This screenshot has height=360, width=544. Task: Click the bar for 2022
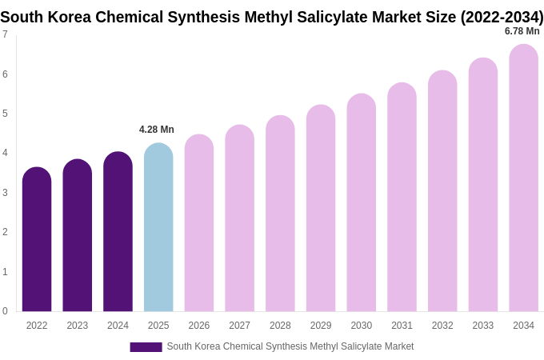click(x=37, y=240)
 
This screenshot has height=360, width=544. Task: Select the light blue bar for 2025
click(x=158, y=228)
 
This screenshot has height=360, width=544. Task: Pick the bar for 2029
click(x=321, y=209)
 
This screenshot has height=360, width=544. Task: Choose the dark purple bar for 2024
click(x=118, y=232)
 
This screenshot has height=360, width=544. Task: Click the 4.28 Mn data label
click(x=157, y=130)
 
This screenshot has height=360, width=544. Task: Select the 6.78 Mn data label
click(x=522, y=31)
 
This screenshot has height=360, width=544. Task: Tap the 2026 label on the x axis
click(x=199, y=326)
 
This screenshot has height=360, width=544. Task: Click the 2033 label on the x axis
click(x=483, y=326)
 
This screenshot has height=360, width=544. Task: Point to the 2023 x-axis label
click(x=78, y=326)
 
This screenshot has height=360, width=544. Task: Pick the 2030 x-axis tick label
click(x=361, y=326)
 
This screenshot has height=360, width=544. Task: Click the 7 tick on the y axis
click(x=5, y=34)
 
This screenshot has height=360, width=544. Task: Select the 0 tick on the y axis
click(x=5, y=311)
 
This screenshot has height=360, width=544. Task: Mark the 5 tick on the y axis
click(x=5, y=114)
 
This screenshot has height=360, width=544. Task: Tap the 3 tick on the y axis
click(x=5, y=193)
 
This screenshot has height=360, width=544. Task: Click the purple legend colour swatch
click(x=146, y=347)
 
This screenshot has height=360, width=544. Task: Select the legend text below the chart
click(x=290, y=346)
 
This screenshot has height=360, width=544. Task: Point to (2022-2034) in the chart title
click(x=502, y=17)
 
